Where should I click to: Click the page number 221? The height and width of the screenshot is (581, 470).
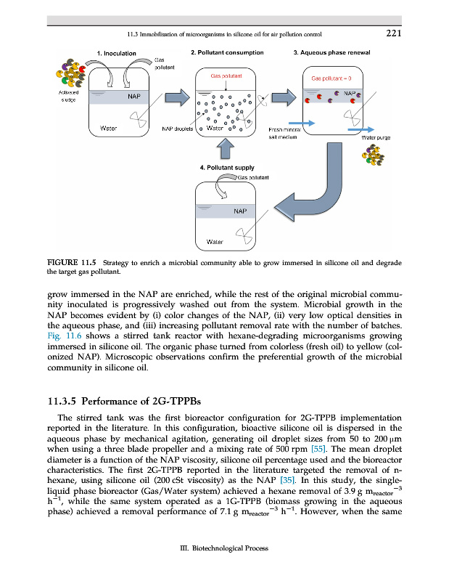pos(394,33)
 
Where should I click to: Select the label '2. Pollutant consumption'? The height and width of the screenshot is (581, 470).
pos(227,53)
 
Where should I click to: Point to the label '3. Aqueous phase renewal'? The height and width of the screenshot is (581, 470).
pos(332,53)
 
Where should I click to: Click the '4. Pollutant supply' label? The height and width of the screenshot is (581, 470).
pos(227,167)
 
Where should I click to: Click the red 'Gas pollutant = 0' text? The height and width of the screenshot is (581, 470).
pos(331,78)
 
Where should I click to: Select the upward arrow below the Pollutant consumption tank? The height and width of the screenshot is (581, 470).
pos(226,149)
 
